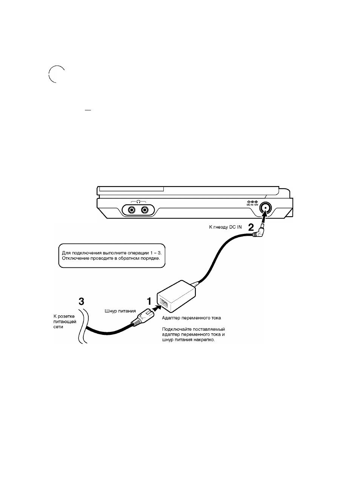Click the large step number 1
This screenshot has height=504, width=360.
coord(149,301)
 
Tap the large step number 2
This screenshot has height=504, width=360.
coord(251,227)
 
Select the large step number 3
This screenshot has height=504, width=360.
coord(81,301)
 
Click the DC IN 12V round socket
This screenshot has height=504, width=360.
coord(265,208)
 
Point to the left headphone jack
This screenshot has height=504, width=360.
coord(131,210)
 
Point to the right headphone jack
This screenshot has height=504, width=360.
coord(145,210)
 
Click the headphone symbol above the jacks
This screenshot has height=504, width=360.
coord(138,202)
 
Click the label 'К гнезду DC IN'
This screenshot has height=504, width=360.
coord(225,227)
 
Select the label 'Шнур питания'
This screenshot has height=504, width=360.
coord(120,311)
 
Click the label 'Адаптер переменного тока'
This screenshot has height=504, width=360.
coord(191,318)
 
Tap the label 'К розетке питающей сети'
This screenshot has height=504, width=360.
coord(65,322)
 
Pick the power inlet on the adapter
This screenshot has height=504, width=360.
coord(164,304)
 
